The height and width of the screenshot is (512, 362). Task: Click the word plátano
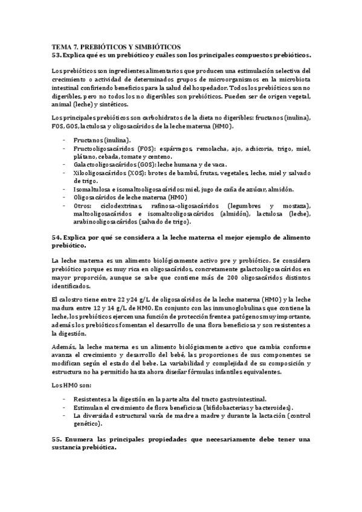(84, 157)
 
